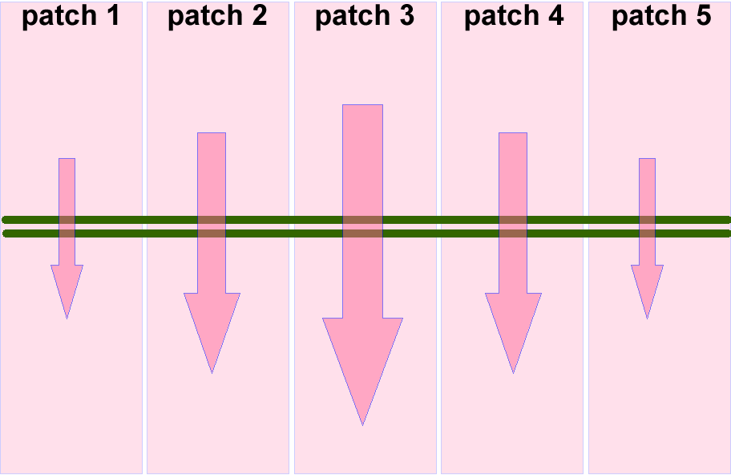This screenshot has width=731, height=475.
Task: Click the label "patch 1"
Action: [x=71, y=17]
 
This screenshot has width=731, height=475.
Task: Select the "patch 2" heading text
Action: [x=217, y=17]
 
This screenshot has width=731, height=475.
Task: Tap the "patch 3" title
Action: [x=365, y=17]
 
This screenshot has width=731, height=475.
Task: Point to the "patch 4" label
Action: [x=513, y=17]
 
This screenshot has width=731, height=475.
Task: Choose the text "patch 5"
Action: [x=660, y=17]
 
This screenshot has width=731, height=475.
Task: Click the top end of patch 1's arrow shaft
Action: [x=67, y=160]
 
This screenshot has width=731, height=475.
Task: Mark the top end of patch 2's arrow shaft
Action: [x=212, y=135]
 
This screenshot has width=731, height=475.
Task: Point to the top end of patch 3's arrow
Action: [x=362, y=107]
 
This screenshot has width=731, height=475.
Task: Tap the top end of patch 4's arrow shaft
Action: [x=513, y=135]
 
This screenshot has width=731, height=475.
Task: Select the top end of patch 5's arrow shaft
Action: [x=647, y=160]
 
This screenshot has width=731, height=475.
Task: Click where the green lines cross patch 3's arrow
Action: [x=362, y=226]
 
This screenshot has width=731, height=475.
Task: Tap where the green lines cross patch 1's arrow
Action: [x=67, y=226]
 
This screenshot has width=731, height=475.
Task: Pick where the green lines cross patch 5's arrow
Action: [x=647, y=226]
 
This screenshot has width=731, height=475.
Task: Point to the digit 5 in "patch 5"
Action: [x=701, y=16]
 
